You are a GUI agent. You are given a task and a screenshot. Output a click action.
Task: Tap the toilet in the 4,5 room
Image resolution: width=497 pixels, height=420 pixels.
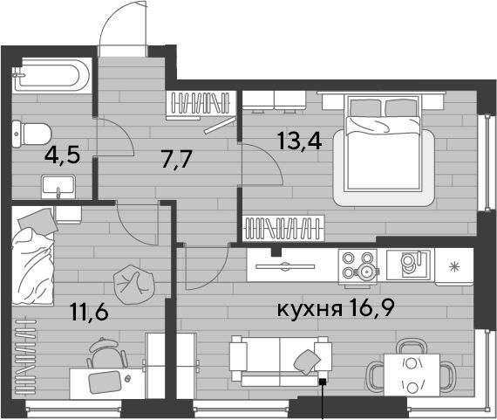tap(31, 134)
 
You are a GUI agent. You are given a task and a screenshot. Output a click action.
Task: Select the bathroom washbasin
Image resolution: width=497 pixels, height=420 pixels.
tap(58, 187)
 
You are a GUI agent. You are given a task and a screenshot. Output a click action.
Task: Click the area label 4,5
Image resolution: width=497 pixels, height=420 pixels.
tap(62, 155)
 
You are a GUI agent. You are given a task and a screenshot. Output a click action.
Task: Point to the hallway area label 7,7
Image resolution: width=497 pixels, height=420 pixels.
tap(176, 159)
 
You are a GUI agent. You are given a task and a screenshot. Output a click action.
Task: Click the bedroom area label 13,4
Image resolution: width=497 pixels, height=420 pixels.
tap(300, 141)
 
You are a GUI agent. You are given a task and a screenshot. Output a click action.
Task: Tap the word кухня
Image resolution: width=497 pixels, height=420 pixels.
tap(310, 309)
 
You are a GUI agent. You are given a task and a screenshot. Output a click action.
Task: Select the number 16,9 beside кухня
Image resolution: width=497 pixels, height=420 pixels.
tap(371, 307)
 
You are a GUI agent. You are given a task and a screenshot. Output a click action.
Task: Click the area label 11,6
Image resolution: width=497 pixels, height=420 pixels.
tap(90, 312)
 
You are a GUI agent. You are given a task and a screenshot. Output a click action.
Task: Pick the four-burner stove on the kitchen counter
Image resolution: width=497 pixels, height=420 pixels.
tap(358, 267)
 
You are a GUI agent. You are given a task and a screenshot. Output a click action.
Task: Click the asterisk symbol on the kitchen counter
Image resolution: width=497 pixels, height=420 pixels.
tap(455, 266)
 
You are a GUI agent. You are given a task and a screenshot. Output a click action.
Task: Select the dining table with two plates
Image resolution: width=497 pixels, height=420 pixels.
tap(412, 375)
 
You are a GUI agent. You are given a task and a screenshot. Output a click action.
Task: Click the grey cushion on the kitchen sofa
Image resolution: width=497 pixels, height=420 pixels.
tap(307, 361)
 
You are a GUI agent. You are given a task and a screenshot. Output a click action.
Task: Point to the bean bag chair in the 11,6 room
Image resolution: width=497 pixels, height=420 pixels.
tap(133, 285)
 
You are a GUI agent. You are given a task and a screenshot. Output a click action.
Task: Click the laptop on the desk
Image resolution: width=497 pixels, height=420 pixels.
tap(105, 382)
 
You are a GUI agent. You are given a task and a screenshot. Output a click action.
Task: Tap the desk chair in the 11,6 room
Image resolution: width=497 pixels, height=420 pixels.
tap(107, 353)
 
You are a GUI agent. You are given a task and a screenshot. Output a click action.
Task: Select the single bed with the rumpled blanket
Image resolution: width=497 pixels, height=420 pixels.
tap(33, 257)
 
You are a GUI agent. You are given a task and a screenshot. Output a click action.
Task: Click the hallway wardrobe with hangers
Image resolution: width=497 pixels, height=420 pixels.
tap(201, 105)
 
